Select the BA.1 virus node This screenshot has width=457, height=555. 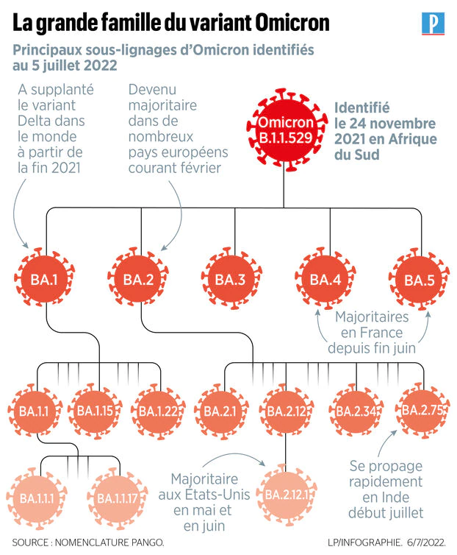tap(44, 280)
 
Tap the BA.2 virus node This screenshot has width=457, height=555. tap(138, 280)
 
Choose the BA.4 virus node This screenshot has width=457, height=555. tap(325, 280)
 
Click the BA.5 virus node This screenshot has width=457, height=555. tap(420, 280)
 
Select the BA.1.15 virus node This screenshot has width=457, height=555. tap(94, 411)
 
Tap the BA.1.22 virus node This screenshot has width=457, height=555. tap(157, 411)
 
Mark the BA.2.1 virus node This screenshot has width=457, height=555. tap(220, 411)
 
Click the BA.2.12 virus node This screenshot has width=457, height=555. tap(286, 411)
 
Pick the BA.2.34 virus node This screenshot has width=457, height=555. tap(356, 411)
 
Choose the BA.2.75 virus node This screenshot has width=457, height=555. tap(420, 411)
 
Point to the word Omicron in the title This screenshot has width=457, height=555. tap(290, 23)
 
